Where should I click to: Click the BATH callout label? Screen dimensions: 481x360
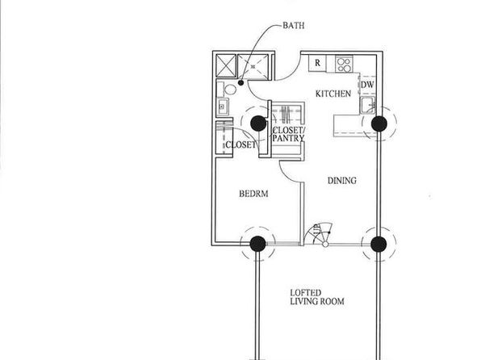(294, 26)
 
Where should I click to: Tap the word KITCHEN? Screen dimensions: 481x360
(333, 94)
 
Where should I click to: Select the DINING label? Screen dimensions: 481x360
(342, 181)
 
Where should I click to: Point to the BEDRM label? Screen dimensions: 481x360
(253, 194)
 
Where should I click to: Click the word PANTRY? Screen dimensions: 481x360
(288, 138)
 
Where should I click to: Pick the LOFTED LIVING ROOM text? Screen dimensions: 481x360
(317, 297)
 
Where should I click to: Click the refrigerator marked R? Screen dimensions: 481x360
(317, 63)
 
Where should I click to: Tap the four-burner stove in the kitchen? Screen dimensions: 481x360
(344, 64)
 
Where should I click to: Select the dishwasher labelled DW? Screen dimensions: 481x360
(367, 85)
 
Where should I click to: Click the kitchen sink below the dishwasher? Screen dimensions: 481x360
(368, 105)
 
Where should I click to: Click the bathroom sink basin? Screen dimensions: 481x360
(222, 107)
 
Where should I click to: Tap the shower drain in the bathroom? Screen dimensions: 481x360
(253, 66)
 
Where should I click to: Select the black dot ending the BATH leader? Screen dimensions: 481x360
(240, 82)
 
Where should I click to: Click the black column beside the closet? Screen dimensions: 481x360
(258, 123)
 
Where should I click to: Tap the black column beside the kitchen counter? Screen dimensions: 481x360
(379, 123)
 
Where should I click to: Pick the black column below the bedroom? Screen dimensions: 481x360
(257, 244)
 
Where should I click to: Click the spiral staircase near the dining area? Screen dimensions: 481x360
(319, 235)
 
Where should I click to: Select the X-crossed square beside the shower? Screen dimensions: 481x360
(226, 65)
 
